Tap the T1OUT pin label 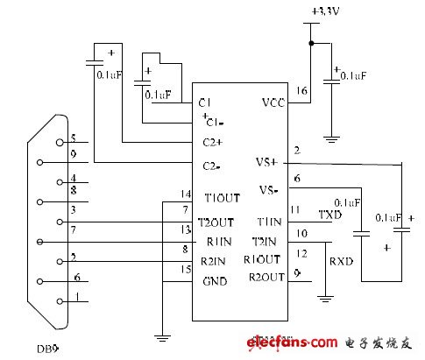pyautogui.click(x=219, y=198)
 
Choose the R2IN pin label pyautogui.click(x=216, y=260)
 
